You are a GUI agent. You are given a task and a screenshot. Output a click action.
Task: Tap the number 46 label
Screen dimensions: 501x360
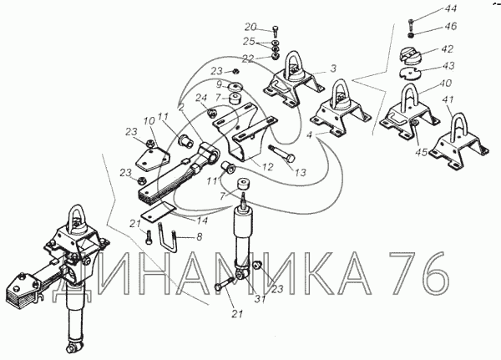[x=449, y=26]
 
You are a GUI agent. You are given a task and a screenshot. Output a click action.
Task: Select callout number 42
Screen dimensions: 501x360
[x=447, y=49]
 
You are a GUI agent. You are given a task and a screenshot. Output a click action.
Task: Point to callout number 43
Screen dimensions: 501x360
[x=448, y=65]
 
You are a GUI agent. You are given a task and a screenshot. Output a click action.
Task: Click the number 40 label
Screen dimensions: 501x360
[x=445, y=84]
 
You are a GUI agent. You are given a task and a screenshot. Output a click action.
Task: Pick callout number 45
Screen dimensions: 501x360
[x=421, y=153]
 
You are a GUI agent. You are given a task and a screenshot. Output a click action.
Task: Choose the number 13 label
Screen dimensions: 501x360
[x=300, y=172]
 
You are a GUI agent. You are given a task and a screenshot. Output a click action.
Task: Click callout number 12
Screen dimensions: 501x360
[x=267, y=166]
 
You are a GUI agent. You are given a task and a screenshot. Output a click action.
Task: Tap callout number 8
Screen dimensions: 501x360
[x=199, y=237]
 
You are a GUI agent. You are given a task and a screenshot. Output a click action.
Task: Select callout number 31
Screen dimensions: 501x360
[x=260, y=299]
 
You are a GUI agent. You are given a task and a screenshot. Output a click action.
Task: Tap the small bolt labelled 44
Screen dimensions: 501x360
[x=411, y=23]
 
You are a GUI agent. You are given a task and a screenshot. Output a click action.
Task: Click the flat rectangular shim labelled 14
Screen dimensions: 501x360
[x=158, y=211]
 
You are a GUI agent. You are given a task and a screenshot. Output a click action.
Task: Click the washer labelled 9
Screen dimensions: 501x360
[x=236, y=87]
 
